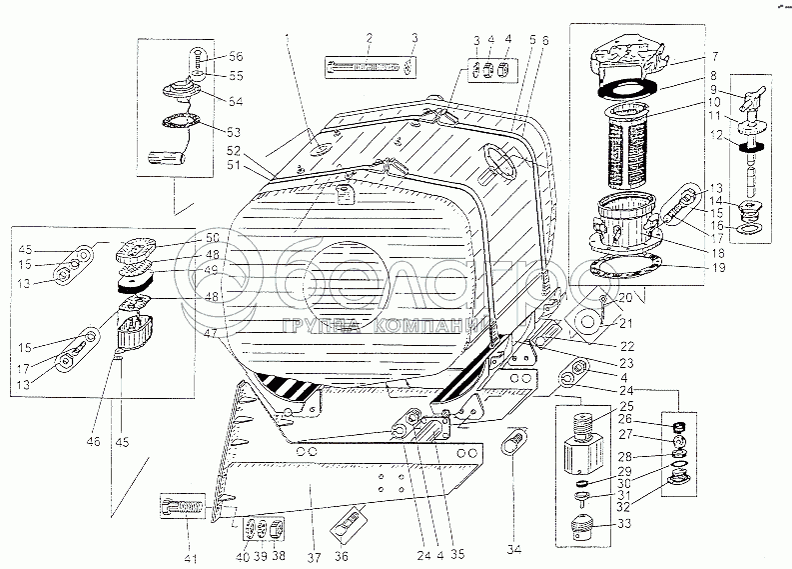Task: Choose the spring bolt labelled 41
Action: coord(186,507)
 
